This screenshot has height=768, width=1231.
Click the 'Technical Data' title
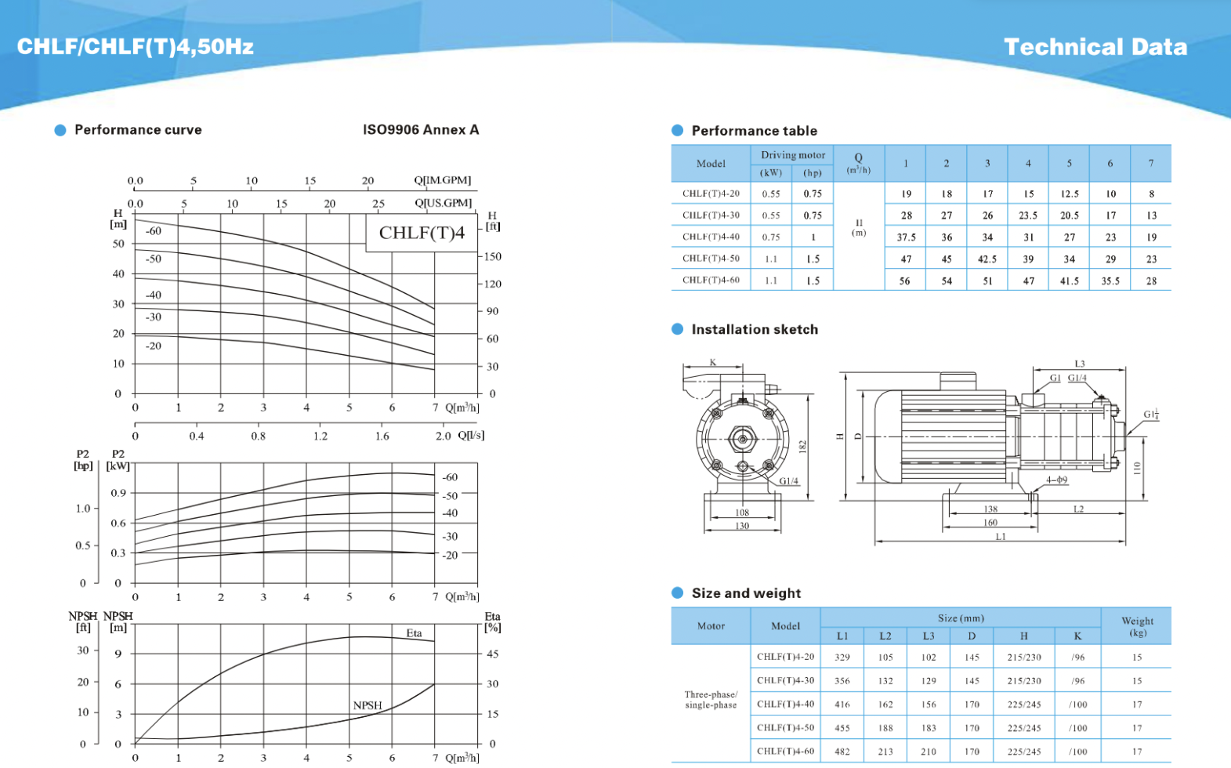pos(1095,47)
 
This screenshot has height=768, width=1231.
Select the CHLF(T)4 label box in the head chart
pos(422,233)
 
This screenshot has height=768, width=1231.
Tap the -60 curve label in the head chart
pos(154,231)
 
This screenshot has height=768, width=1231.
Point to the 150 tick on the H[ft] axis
pos(492,256)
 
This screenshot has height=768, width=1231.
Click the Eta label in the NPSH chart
pos(414,633)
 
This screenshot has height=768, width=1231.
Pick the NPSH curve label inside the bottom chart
pos(367,705)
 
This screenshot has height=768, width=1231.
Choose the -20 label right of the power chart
pos(450,556)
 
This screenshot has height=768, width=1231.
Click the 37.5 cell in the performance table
pos(907,237)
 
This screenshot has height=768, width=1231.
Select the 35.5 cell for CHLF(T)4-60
pos(1110,281)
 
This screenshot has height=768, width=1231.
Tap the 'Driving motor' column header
pos(792,155)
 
